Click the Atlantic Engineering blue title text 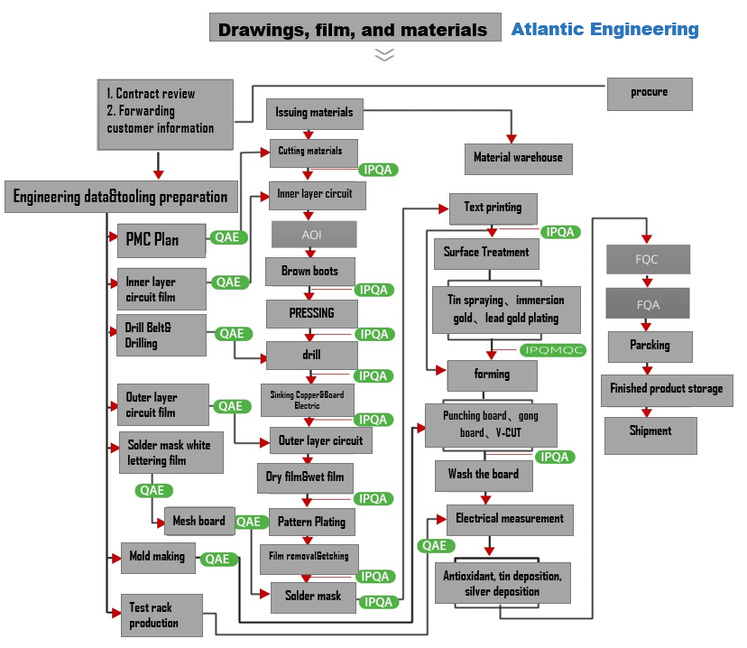click(x=604, y=29)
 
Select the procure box click(x=649, y=93)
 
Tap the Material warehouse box click(x=518, y=158)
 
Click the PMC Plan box click(x=161, y=240)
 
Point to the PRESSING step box click(x=311, y=314)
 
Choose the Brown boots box click(x=309, y=272)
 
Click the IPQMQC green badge click(x=553, y=350)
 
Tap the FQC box click(x=648, y=260)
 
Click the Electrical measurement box click(x=510, y=519)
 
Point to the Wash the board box click(x=483, y=475)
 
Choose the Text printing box click(x=493, y=208)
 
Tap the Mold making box click(x=158, y=558)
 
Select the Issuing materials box click(x=314, y=114)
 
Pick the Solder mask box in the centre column click(x=313, y=596)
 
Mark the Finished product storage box click(x=666, y=390)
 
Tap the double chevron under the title click(x=385, y=54)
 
